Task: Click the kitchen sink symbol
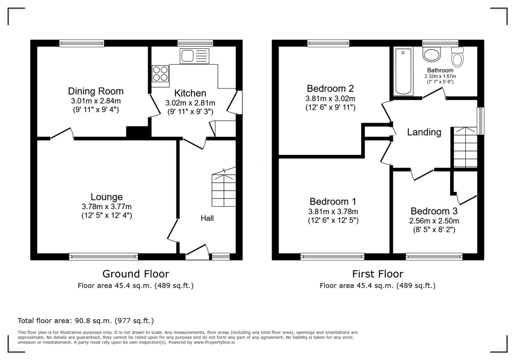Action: (x=194, y=56)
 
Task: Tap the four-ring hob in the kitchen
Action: (x=160, y=74)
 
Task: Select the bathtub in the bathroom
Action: (x=403, y=71)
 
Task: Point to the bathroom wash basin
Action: (x=432, y=55)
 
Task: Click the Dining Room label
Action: (x=96, y=91)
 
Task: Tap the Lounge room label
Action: (x=107, y=197)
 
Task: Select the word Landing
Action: (x=424, y=132)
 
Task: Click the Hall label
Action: (x=207, y=218)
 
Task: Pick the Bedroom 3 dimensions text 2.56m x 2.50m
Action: (x=435, y=221)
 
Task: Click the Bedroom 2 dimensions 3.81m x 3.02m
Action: (x=330, y=99)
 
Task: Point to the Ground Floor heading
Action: (x=136, y=274)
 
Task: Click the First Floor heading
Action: (x=377, y=274)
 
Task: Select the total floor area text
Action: (x=85, y=320)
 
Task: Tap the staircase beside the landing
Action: (x=465, y=147)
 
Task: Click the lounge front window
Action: (x=104, y=256)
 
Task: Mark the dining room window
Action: (x=81, y=43)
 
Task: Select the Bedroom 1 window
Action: (x=332, y=256)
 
